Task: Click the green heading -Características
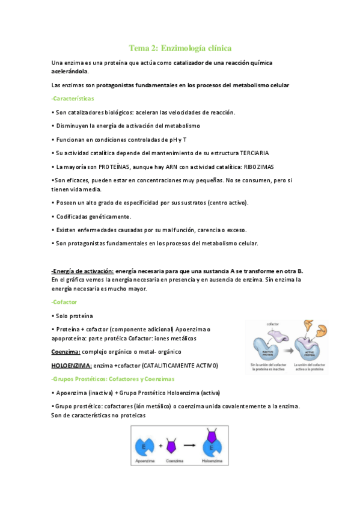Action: [x=73, y=98]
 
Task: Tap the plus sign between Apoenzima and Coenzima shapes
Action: [x=162, y=447]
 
